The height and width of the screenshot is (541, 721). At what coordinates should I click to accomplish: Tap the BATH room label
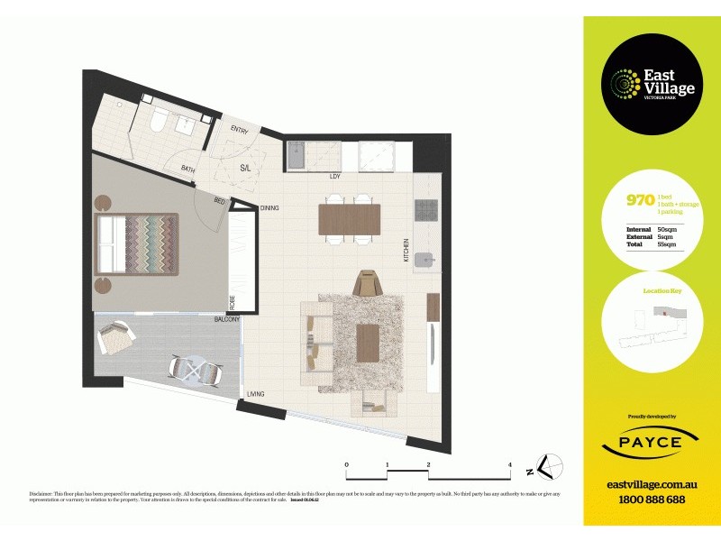[x=187, y=169]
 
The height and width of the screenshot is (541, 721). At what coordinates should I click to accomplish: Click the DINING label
[x=269, y=207]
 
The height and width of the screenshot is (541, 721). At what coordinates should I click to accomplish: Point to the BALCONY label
[x=226, y=320]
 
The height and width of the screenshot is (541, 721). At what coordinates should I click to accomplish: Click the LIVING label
[x=255, y=394]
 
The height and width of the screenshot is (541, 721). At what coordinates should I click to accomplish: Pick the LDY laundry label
[x=334, y=176]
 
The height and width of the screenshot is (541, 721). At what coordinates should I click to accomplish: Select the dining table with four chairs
[x=349, y=219]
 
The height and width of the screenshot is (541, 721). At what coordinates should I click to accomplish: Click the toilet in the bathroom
[x=156, y=119]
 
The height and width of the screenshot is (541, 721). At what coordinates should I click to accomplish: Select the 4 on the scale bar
[x=510, y=465]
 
